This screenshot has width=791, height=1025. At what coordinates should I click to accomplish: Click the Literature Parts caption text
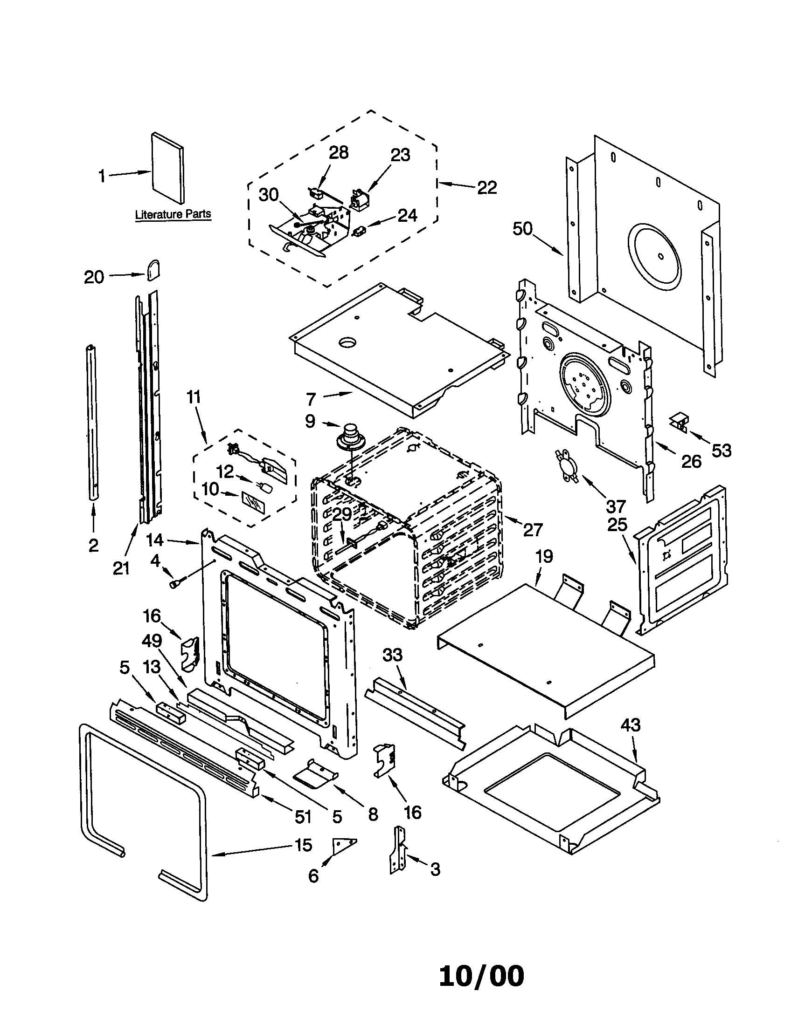coord(173,214)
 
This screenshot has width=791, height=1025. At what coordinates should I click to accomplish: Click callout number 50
coord(523,229)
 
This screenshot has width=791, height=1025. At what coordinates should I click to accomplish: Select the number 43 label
coord(631,725)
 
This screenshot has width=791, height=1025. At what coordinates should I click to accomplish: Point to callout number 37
coord(616,506)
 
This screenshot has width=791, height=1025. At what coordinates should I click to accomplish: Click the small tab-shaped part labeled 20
coord(153,270)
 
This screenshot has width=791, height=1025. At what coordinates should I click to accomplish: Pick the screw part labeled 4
coord(176,583)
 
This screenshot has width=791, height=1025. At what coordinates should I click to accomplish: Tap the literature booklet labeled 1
coord(168,169)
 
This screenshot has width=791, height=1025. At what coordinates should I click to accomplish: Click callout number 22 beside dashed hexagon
coord(487,188)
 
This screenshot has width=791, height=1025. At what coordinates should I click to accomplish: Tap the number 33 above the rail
coord(392,655)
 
